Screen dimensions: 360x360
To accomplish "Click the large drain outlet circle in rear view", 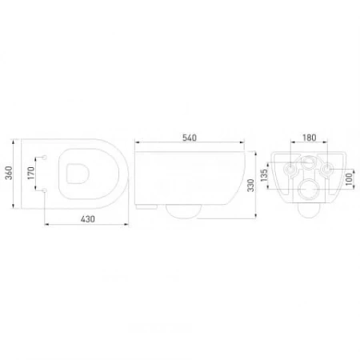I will (308, 190).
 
